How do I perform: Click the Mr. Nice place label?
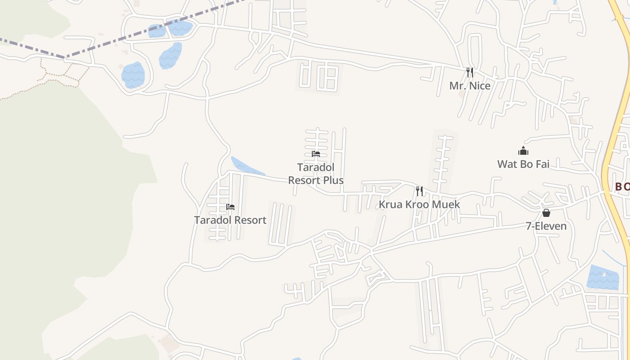tap(470, 85)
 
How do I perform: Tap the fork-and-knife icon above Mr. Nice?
tap(469, 72)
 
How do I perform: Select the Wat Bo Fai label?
tap(523, 164)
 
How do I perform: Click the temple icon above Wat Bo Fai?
tap(523, 151)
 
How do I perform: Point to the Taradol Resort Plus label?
tap(316, 174)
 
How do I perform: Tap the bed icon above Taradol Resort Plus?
tap(316, 154)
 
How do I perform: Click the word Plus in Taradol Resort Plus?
tap(334, 180)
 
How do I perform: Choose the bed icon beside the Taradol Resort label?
tap(230, 207)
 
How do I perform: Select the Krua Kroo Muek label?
tap(419, 204)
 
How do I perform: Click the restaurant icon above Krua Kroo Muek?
tap(419, 191)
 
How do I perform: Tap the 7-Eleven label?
tap(546, 226)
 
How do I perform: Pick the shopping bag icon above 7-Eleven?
tap(546, 213)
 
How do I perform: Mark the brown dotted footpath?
tap(58, 74)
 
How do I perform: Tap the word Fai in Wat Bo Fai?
tap(541, 164)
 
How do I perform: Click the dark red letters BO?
tap(622, 186)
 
